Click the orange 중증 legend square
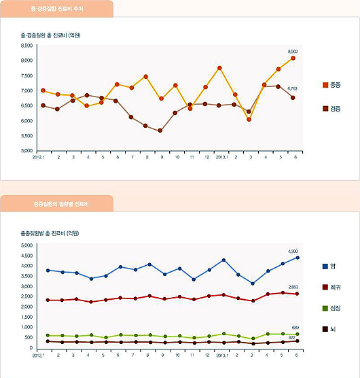[x=325, y=85]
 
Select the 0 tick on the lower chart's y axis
[x=31, y=347]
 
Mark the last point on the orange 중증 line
[x=293, y=58]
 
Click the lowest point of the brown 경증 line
[x=160, y=131]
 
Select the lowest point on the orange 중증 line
[x=249, y=120]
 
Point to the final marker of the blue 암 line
[x=298, y=258]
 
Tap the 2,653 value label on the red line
[x=293, y=287]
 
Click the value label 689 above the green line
[x=295, y=328]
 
